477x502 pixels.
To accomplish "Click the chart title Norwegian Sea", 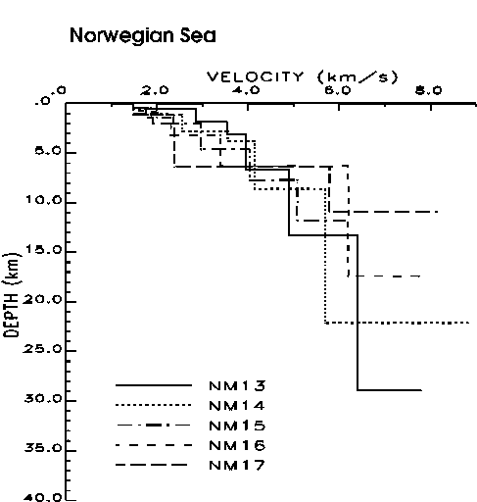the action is [143, 36].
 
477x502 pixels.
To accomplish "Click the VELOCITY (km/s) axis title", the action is [303, 77].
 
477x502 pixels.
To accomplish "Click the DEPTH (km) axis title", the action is [12, 295].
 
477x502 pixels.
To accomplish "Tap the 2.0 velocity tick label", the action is [155, 90].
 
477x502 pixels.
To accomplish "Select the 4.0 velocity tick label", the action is [246, 90].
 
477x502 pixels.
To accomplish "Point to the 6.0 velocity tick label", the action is [338, 90].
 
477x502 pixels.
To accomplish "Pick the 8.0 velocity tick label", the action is [429, 90].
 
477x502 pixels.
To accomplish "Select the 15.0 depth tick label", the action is [44, 250].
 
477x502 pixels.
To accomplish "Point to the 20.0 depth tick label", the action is [42, 299].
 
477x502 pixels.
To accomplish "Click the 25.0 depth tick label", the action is [42, 349].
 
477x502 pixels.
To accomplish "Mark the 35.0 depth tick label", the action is [42, 448].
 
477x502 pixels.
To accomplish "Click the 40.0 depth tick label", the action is [42, 497].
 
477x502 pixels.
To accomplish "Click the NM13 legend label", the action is [237, 386].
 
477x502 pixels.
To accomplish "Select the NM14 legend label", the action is [237, 406].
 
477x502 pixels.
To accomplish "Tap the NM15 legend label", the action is [237, 426].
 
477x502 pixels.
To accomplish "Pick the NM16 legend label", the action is [237, 445].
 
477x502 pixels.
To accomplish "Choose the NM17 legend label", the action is [237, 465].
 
